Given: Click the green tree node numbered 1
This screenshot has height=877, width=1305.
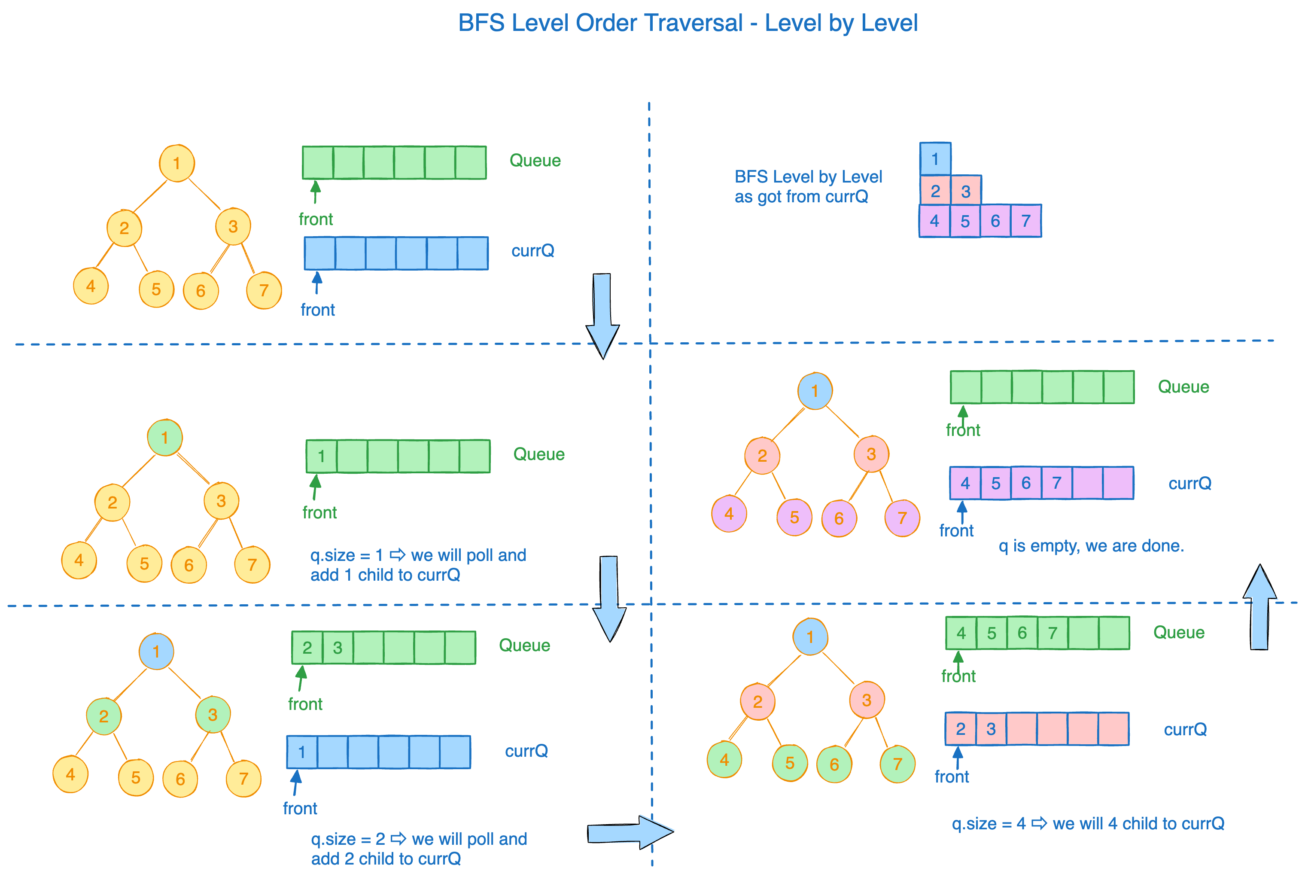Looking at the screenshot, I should (164, 437).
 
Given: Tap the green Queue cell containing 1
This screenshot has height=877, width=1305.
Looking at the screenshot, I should (322, 457).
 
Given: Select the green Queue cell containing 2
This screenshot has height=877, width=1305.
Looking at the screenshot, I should (307, 648).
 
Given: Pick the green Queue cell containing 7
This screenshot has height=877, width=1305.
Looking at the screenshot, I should (1052, 633).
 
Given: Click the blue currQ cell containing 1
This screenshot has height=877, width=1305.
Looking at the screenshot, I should (302, 752).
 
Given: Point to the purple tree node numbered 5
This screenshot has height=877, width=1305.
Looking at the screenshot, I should (794, 518).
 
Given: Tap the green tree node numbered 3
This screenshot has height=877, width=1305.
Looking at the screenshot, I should (213, 714).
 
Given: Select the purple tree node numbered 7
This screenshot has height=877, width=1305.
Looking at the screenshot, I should (902, 518).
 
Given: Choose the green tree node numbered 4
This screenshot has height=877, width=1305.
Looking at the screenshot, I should (724, 760).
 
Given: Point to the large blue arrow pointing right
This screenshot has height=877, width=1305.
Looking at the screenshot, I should (630, 832).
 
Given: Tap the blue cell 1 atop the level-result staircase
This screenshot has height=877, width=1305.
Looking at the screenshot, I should (935, 159).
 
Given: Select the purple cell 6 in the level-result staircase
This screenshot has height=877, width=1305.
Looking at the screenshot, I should (995, 221).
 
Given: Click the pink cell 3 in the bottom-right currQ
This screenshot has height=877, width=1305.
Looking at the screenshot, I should (991, 729).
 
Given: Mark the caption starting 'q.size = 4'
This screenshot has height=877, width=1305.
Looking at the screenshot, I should (1087, 823).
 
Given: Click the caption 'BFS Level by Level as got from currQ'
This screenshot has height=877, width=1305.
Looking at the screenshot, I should (807, 186).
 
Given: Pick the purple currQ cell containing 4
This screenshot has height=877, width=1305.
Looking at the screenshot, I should (965, 483).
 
